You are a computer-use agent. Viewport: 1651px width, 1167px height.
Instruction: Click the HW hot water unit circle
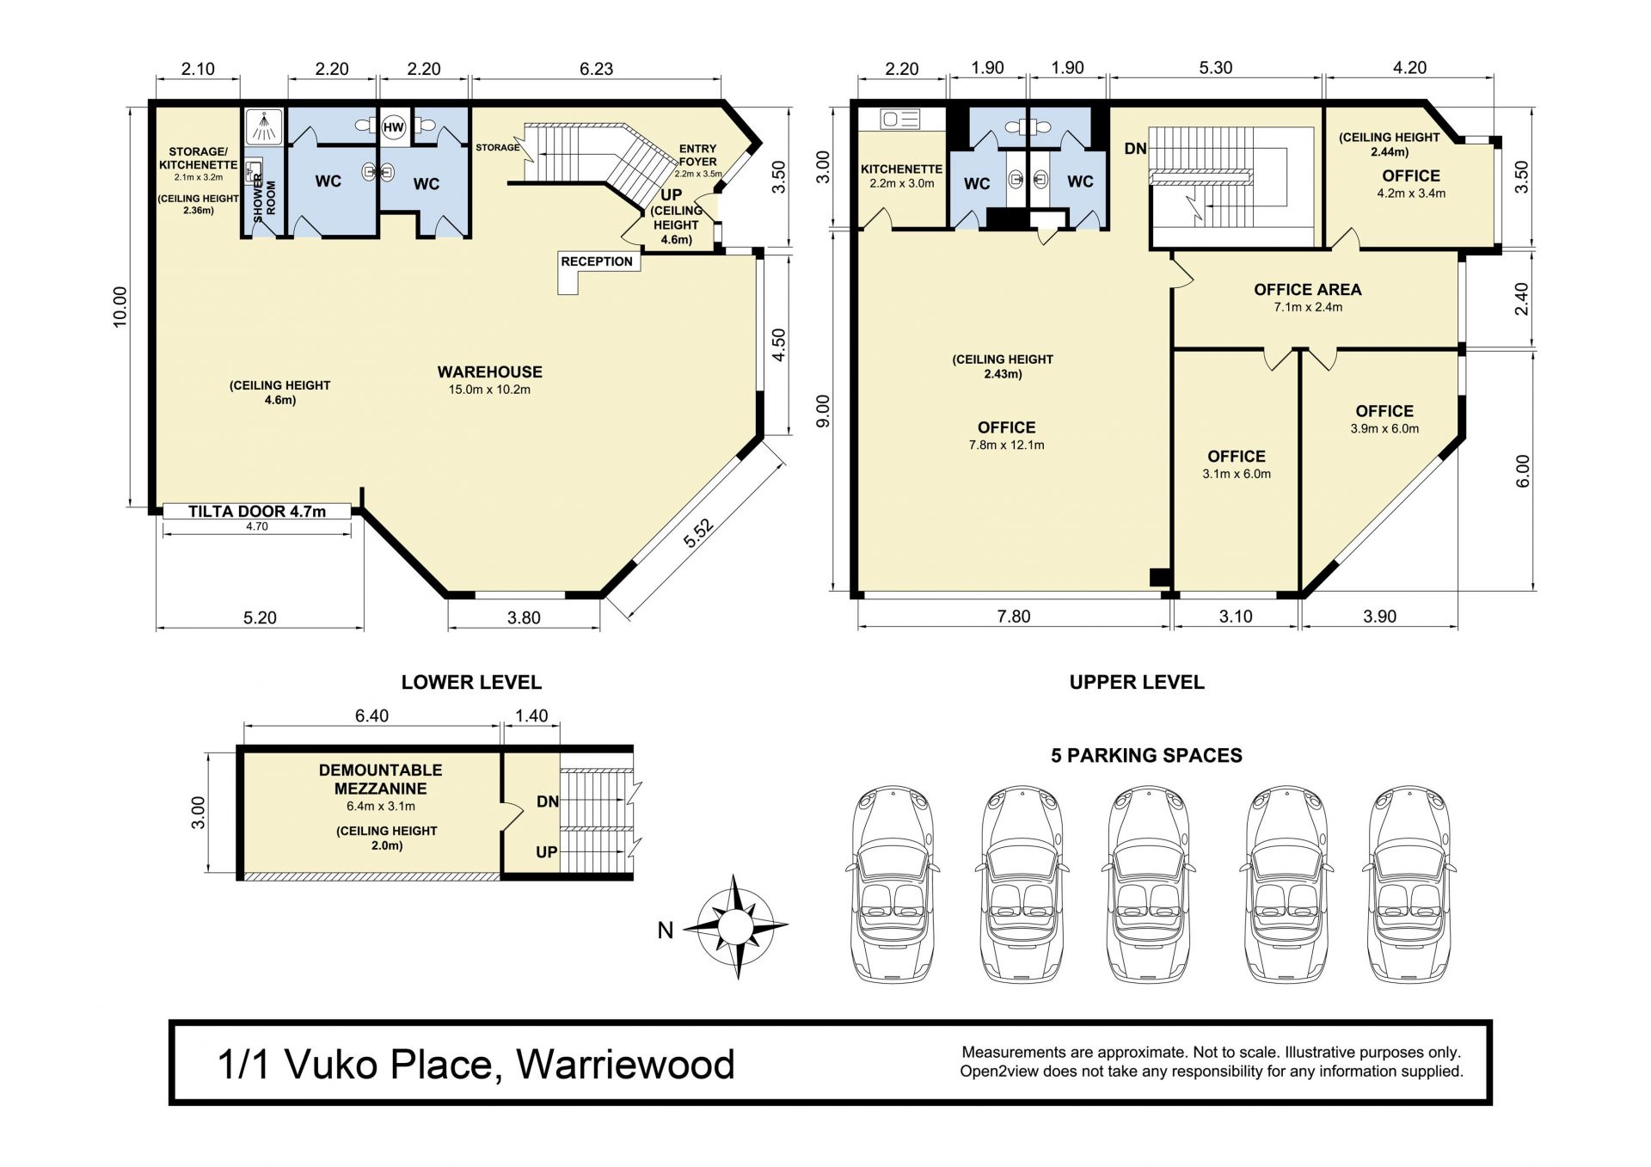click(x=393, y=128)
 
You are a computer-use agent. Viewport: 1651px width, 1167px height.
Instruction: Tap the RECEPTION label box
click(x=597, y=261)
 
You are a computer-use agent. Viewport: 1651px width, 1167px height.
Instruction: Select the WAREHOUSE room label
click(x=489, y=372)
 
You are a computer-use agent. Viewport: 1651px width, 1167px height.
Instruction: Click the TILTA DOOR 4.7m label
click(x=257, y=512)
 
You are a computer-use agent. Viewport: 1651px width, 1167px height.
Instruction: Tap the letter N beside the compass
click(x=665, y=930)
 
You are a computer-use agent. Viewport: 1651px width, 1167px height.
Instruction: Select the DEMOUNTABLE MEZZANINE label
click(x=380, y=779)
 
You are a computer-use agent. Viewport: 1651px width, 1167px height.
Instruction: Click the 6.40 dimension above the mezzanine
click(x=371, y=716)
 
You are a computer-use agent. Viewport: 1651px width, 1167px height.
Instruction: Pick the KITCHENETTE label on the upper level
click(x=901, y=169)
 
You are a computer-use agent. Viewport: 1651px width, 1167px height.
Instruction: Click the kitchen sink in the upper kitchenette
click(x=900, y=119)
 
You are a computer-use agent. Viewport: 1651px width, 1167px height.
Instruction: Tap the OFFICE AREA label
click(x=1307, y=290)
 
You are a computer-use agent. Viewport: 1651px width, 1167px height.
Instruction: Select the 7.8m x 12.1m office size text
click(x=1006, y=445)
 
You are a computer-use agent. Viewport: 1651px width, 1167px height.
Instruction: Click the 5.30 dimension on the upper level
click(x=1215, y=68)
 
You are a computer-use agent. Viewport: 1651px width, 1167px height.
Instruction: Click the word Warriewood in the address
click(x=625, y=1065)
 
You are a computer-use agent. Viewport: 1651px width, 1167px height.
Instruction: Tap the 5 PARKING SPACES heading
click(x=1146, y=755)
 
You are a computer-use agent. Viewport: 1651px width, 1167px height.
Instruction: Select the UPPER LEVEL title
click(x=1137, y=682)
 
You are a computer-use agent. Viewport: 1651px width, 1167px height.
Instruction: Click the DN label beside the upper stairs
click(x=1135, y=149)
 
